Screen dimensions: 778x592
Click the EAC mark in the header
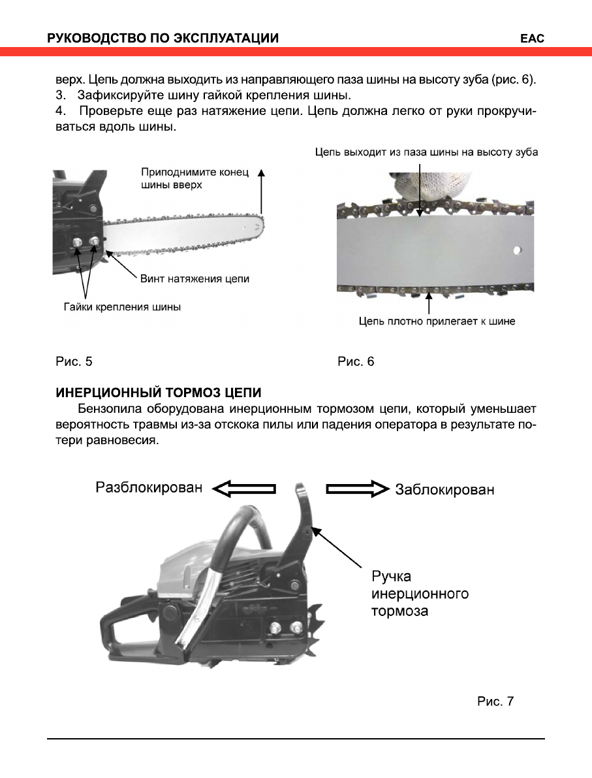click(532, 39)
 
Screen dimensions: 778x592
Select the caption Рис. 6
click(356, 361)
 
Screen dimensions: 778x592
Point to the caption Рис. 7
click(495, 702)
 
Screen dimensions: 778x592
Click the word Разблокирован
click(149, 489)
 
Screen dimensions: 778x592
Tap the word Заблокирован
click(444, 490)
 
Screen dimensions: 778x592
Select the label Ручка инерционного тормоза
click(420, 594)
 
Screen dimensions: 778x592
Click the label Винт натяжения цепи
click(195, 279)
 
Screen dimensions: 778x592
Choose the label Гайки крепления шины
click(122, 306)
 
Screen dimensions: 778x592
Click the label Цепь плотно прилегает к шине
click(437, 321)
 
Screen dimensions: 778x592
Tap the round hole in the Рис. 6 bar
click(517, 249)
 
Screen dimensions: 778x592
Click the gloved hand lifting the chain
click(424, 186)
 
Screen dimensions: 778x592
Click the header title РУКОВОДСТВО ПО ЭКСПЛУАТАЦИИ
click(163, 39)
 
